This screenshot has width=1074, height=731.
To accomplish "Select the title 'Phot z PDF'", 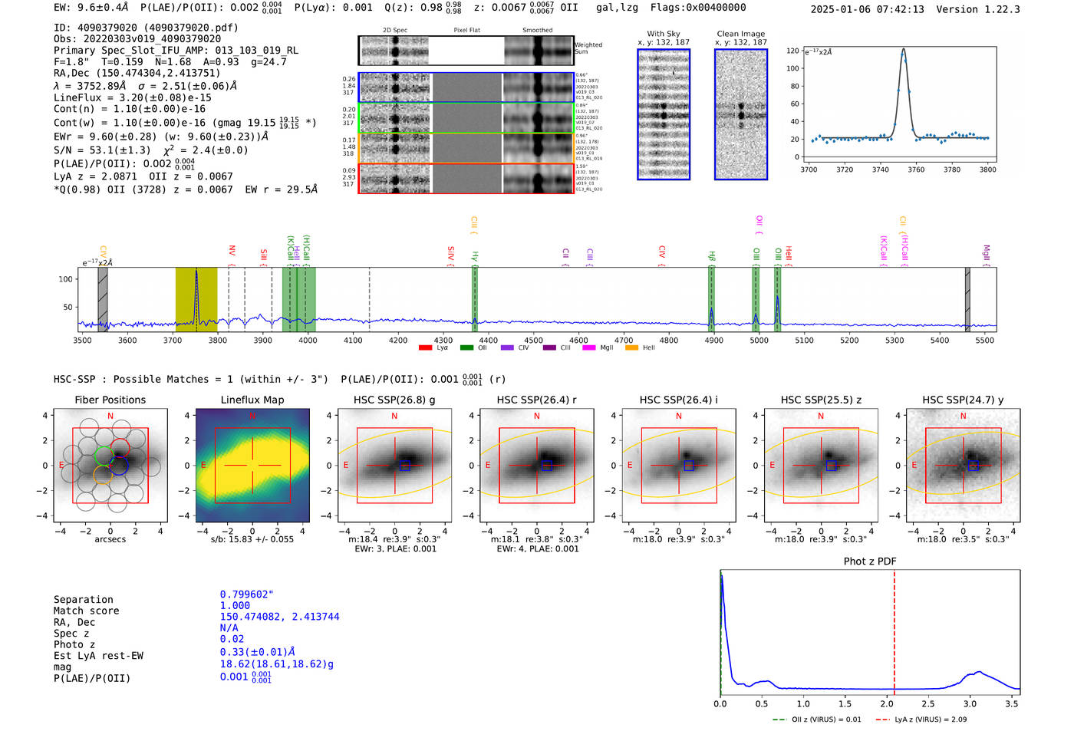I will [869, 561].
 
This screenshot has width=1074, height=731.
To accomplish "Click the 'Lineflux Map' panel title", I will [252, 400].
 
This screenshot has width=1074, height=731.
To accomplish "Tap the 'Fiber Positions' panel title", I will [110, 400].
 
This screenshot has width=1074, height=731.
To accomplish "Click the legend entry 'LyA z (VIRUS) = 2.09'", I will [930, 719].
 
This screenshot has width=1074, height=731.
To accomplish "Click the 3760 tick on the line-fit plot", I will [916, 170].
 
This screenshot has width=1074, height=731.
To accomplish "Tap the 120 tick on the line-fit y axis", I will [792, 51].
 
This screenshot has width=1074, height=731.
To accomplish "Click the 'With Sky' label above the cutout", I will [663, 34].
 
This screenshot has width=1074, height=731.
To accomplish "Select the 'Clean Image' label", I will [740, 34].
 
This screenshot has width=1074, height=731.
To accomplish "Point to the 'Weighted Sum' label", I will [588, 48].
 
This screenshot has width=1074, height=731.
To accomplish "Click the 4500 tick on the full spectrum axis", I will [533, 341].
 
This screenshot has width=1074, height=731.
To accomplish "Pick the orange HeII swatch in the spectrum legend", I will [631, 347].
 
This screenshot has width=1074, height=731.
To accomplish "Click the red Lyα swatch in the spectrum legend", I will [425, 347].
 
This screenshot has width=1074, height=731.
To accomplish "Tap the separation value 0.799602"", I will [246, 594].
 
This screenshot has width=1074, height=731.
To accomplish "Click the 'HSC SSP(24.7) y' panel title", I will [963, 400].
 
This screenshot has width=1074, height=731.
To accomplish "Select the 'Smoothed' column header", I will [537, 31].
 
